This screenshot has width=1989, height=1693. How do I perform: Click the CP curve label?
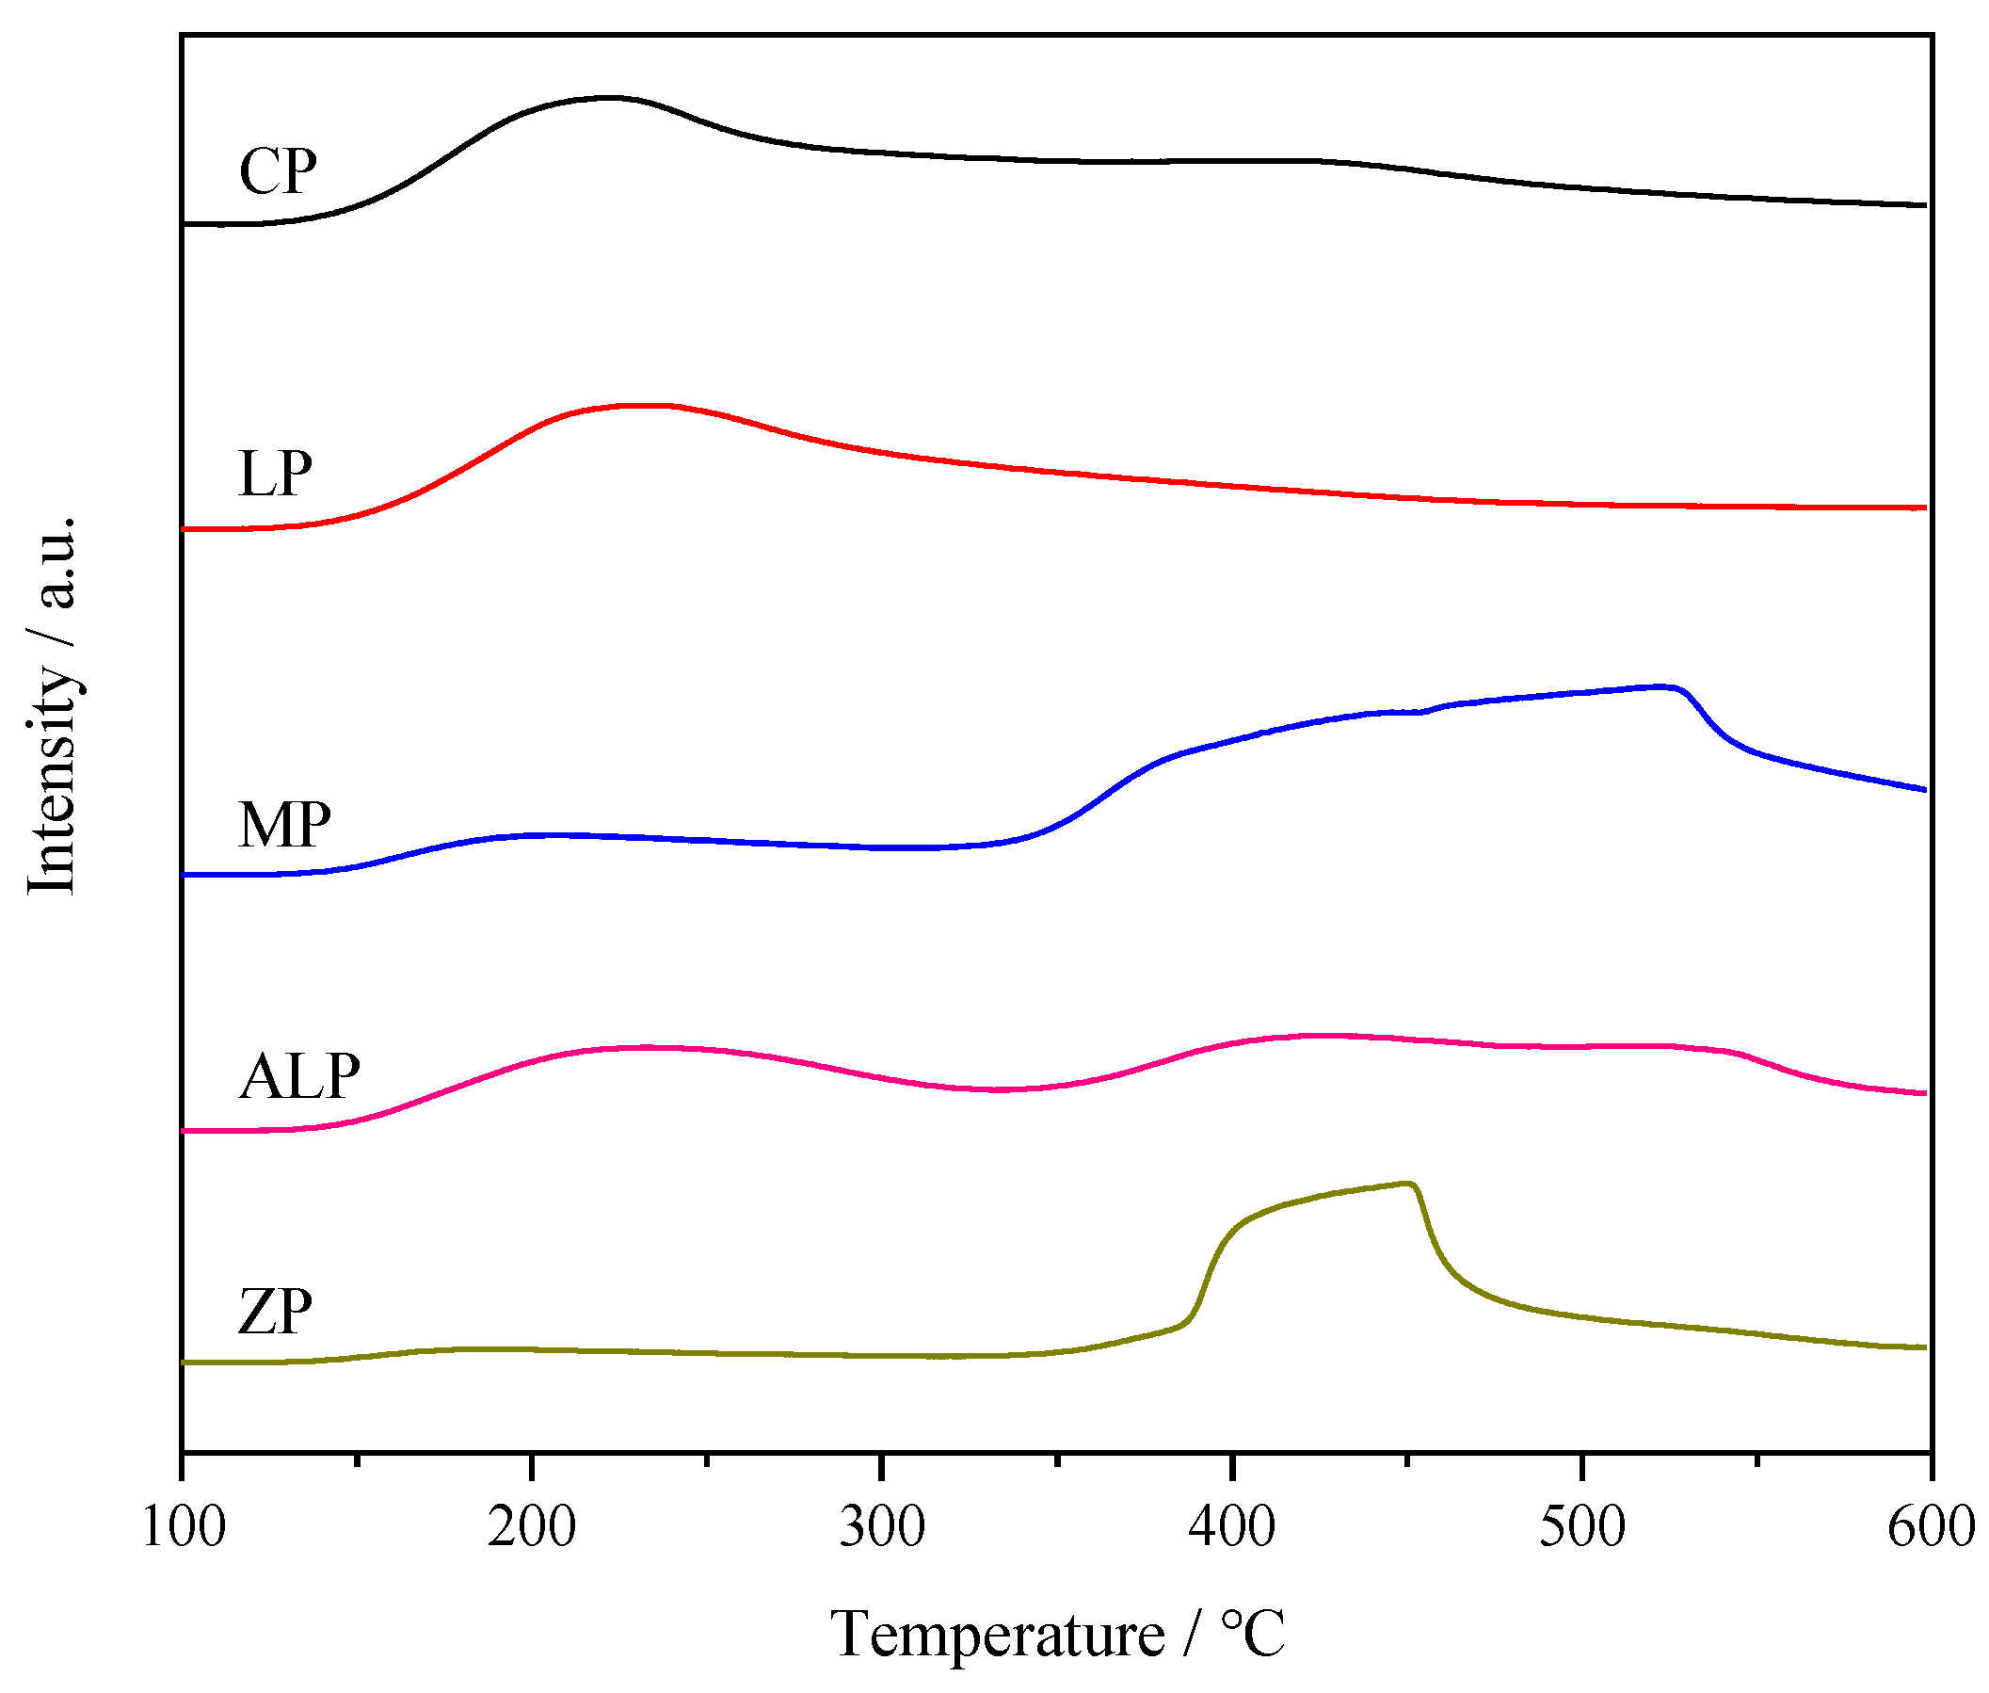pyautogui.click(x=277, y=172)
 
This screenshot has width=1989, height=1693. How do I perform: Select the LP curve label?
pyautogui.click(x=275, y=475)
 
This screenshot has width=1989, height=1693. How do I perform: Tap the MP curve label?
pyautogui.click(x=284, y=825)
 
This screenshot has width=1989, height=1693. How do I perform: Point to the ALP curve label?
pyautogui.click(x=298, y=1077)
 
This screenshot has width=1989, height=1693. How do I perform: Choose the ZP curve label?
pyautogui.click(x=275, y=1313)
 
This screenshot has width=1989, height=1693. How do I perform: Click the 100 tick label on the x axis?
pyautogui.click(x=183, y=1527)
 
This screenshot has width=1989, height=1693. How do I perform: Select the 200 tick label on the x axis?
pyautogui.click(x=531, y=1527)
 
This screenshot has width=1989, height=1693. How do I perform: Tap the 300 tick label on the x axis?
pyautogui.click(x=881, y=1527)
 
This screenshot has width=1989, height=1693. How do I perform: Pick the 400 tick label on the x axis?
pyautogui.click(x=1231, y=1527)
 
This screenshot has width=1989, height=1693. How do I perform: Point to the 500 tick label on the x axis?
pyautogui.click(x=1581, y=1527)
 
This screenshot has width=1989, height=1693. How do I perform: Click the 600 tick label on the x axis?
pyautogui.click(x=1930, y=1527)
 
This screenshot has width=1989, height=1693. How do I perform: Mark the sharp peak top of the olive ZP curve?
pyautogui.click(x=1406, y=1184)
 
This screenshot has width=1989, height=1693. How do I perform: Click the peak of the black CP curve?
pyautogui.click(x=609, y=97)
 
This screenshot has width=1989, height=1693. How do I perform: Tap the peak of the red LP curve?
pyautogui.click(x=643, y=405)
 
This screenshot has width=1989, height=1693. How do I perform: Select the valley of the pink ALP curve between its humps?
pyautogui.click(x=998, y=1090)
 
